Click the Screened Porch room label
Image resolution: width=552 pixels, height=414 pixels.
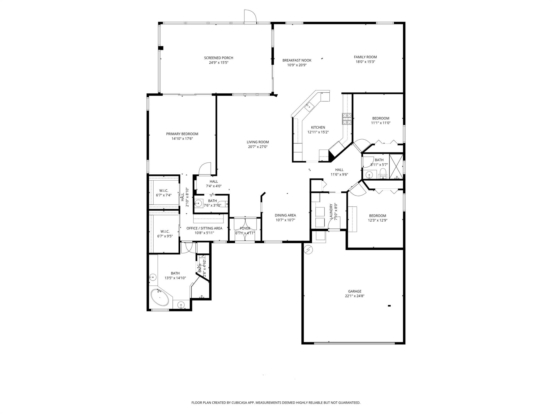(x=218, y=58)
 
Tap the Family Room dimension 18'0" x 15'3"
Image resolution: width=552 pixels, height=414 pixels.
(x=365, y=62)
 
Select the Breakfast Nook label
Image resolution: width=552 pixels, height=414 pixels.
(x=297, y=60)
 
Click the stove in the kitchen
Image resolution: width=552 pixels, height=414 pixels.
(x=347, y=119)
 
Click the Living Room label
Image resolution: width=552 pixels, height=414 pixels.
(x=258, y=142)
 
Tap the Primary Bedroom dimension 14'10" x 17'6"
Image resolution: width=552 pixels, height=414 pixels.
(x=182, y=139)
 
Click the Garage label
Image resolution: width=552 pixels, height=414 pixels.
(x=354, y=291)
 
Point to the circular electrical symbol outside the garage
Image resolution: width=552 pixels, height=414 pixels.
(x=308, y=250)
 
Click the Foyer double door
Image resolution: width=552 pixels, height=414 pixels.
(x=245, y=229)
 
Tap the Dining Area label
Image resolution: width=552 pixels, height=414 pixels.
(x=285, y=215)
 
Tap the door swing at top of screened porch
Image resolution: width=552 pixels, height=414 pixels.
(x=250, y=16)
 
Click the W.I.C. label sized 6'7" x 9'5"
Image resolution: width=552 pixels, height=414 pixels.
(x=165, y=232)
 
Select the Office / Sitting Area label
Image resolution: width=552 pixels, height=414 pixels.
(x=204, y=228)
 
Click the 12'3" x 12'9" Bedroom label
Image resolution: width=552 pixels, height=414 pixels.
(x=377, y=216)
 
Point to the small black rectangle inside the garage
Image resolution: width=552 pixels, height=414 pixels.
(x=389, y=306)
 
